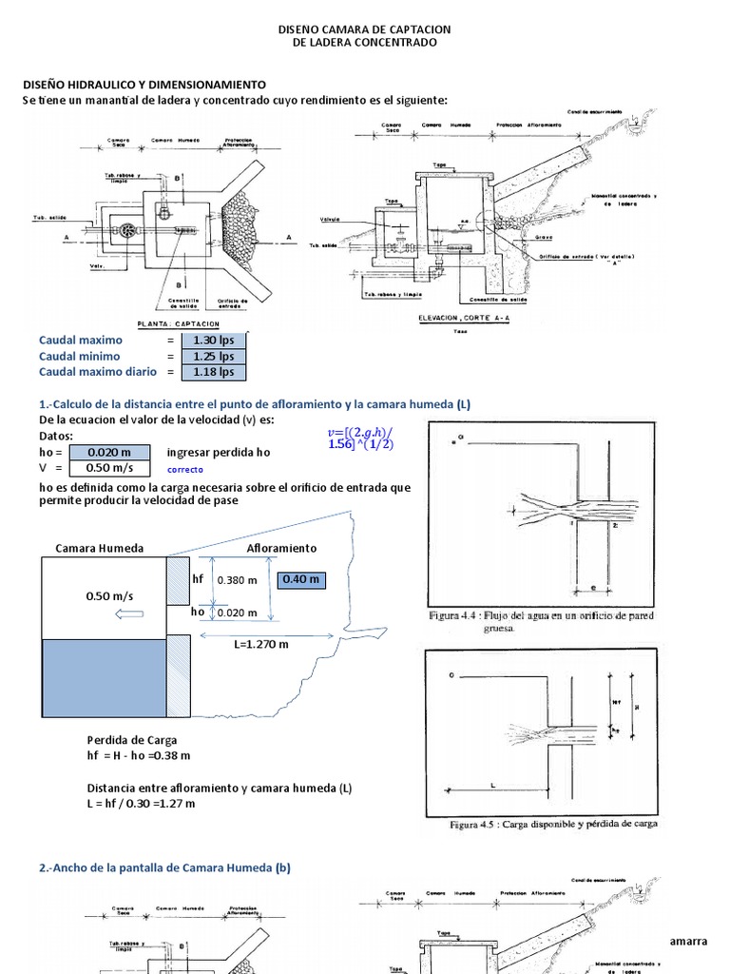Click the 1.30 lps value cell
tap(213, 341)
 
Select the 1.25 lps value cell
tap(213, 357)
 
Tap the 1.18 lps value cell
tap(213, 373)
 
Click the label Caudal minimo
tap(81, 357)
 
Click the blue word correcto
tap(185, 470)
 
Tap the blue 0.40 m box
tap(299, 579)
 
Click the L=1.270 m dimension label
tap(261, 644)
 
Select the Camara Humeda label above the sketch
tap(100, 549)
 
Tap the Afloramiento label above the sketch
tap(281, 549)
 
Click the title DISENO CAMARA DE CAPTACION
tap(364, 30)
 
